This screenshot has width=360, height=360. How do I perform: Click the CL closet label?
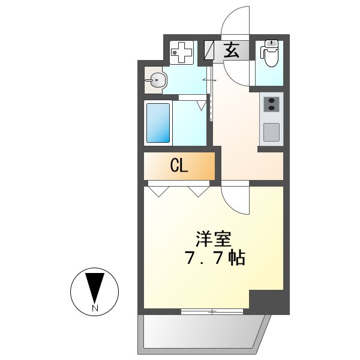[179, 166]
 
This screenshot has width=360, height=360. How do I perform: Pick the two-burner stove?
[271, 104]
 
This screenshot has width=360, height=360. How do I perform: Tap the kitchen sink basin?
[271, 132]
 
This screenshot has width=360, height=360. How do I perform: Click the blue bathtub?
[158, 123]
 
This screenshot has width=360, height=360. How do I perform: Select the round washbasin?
[158, 80]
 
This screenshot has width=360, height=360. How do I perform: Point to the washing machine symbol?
[181, 53]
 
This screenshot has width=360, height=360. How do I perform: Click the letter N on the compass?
[95, 308]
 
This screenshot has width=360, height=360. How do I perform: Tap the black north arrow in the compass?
[95, 287]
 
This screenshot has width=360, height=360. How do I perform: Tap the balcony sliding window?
[212, 311]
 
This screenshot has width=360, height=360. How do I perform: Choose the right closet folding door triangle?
[197, 191]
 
